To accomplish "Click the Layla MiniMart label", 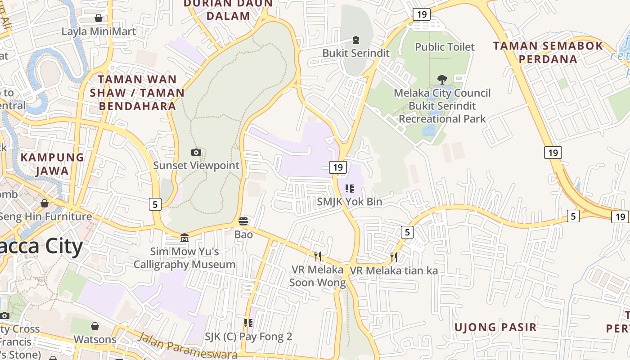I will point(99,31).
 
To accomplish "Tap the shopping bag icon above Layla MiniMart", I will point(99,18).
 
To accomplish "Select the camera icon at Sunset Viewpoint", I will point(196,152).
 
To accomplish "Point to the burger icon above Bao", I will point(243,221).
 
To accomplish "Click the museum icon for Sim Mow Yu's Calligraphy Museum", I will point(184,238).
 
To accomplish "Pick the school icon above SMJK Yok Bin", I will point(350,189).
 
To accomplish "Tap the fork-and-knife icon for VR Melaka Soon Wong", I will point(318,256).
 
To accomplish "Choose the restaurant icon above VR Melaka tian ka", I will point(394,257).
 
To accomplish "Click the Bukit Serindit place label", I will point(356,53).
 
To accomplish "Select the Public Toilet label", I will point(445,47).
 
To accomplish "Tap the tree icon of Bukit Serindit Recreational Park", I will point(442,80).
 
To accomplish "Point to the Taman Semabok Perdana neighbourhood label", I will point(548,52).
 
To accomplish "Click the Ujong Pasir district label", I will point(495,327).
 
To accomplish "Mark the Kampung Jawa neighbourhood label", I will point(52,164).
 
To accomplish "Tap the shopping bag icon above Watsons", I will point(95,326).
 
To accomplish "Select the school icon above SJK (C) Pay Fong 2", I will point(248,323).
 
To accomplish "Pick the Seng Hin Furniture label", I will point(45,216).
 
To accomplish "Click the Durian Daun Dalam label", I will point(228,10).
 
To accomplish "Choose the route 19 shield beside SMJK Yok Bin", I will point(338,167).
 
